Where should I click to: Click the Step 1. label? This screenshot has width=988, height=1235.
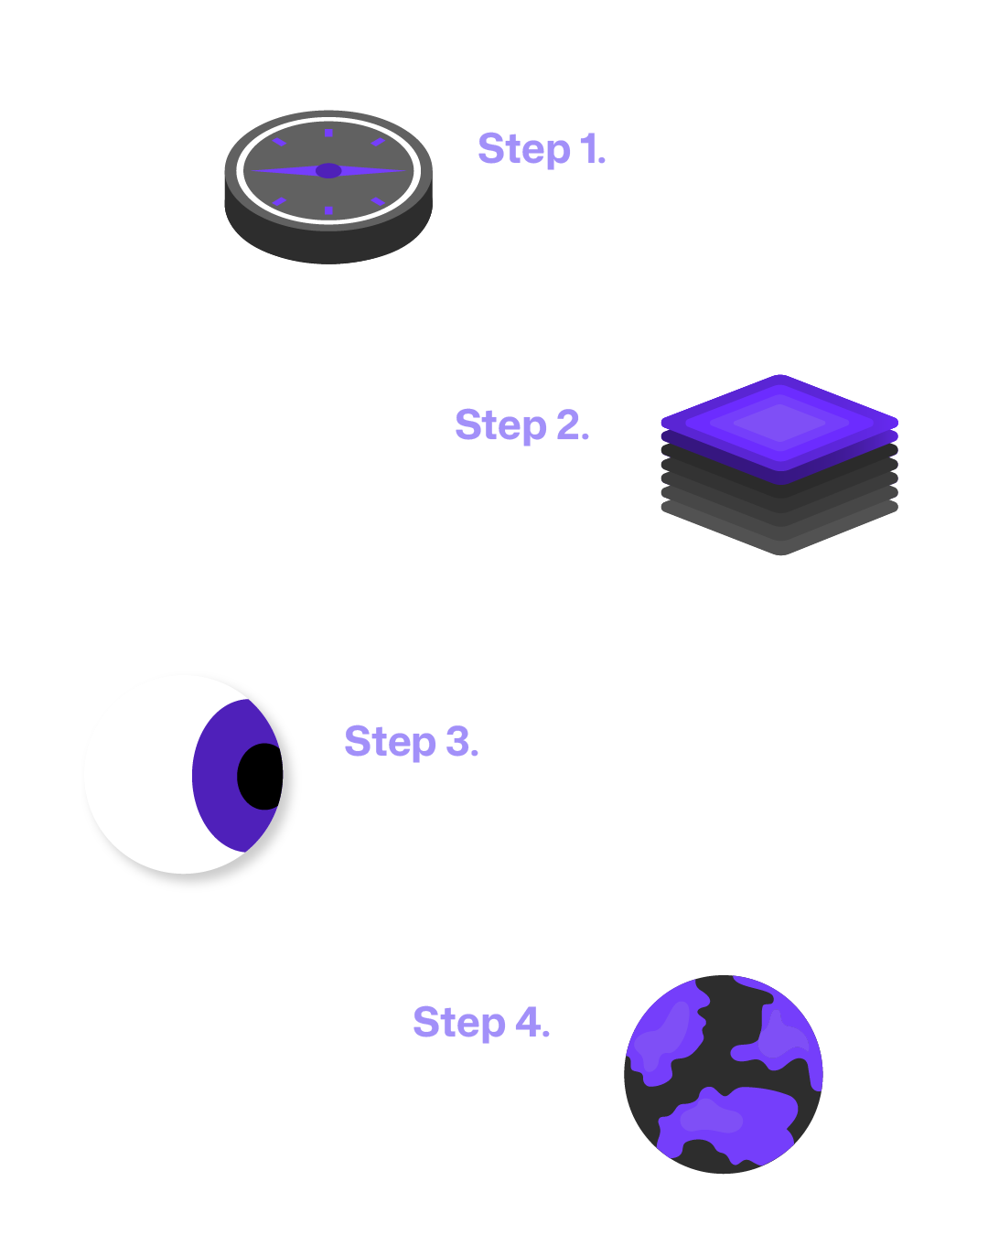click(x=542, y=149)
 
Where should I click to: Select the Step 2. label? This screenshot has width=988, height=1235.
click(x=521, y=425)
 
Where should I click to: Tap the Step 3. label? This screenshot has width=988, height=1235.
click(x=411, y=741)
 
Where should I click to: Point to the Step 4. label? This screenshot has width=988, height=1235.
click(x=481, y=1022)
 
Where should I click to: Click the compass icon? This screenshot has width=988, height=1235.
click(x=328, y=187)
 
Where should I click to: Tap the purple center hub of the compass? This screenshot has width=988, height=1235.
click(x=328, y=171)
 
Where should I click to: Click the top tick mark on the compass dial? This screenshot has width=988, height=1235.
click(x=328, y=133)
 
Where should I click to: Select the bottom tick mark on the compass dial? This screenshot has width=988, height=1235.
click(x=328, y=210)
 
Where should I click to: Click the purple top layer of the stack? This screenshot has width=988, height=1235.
click(x=779, y=423)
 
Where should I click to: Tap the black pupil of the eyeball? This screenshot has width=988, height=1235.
click(x=261, y=777)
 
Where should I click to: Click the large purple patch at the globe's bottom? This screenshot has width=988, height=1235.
click(x=727, y=1121)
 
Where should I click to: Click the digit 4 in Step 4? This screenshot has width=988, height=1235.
click(x=528, y=1022)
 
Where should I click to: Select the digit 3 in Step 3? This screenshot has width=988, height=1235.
click(x=457, y=741)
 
